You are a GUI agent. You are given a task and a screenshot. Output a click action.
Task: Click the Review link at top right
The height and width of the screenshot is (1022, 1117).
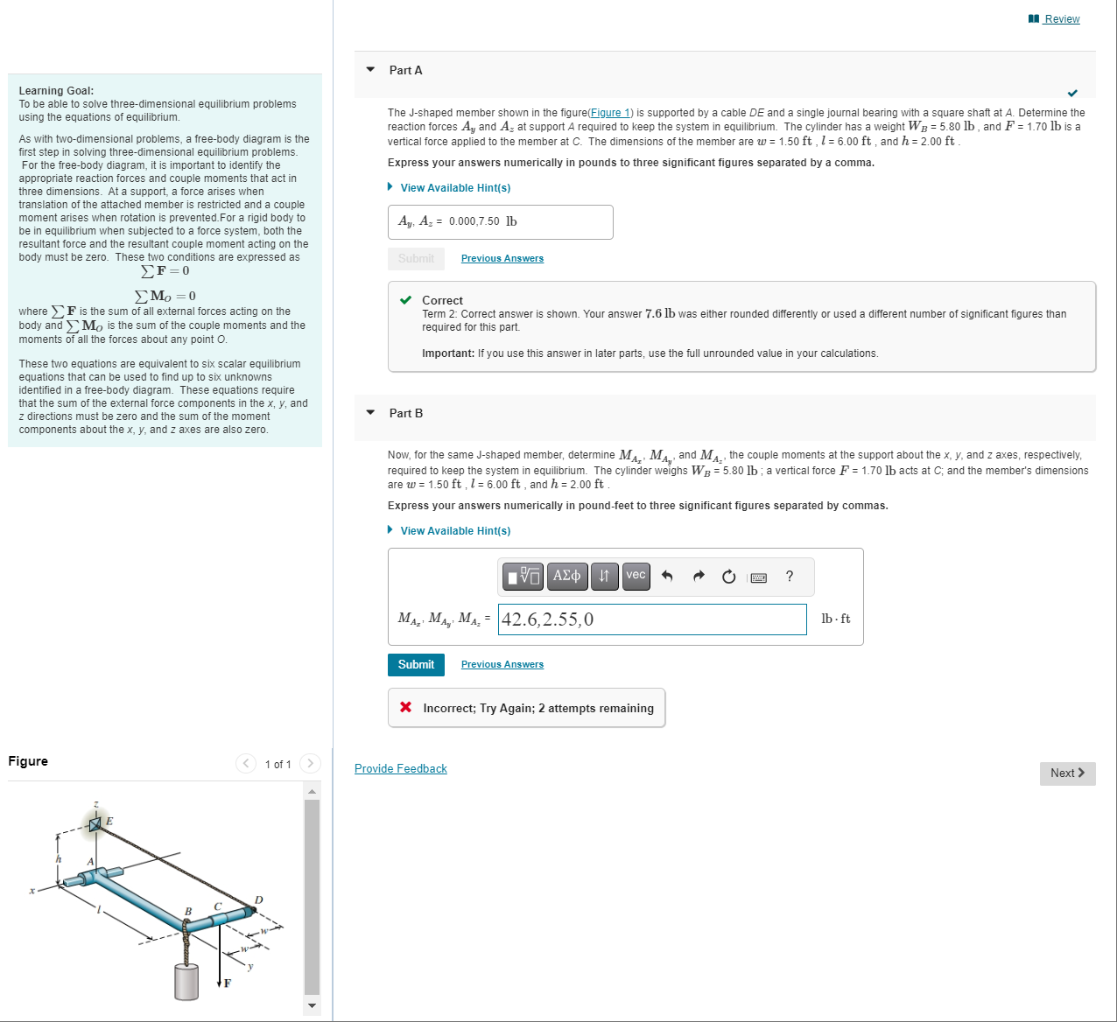click(1061, 19)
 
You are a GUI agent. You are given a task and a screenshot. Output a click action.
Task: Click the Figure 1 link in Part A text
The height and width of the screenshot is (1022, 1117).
click(610, 113)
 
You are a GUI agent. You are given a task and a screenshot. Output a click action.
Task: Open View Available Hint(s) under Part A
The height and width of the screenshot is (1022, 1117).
click(454, 188)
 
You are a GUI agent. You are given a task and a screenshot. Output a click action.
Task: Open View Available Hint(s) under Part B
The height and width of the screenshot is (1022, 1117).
click(454, 531)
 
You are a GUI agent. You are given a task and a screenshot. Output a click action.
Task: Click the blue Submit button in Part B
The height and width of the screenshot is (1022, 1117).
click(416, 665)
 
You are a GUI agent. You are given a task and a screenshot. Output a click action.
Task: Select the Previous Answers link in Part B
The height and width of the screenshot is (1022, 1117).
click(502, 665)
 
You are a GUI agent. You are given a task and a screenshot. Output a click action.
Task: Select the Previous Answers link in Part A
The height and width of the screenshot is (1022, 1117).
click(502, 259)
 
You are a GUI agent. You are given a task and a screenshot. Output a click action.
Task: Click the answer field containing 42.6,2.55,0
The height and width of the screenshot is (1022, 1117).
click(652, 619)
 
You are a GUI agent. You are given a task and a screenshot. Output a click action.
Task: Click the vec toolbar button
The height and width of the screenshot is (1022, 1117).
click(636, 576)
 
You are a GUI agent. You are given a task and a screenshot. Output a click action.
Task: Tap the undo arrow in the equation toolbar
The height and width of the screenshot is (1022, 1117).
click(667, 577)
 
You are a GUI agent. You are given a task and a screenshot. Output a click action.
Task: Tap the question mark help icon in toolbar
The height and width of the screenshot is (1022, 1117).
click(790, 577)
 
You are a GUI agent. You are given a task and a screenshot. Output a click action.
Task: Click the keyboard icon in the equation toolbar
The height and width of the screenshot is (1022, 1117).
click(759, 577)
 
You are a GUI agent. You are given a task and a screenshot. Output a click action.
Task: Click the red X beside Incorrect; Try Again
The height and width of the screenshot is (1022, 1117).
click(405, 707)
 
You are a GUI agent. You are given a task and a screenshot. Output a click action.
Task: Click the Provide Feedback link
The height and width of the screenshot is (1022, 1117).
click(400, 769)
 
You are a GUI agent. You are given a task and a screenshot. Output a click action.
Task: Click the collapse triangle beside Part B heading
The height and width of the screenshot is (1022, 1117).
click(370, 413)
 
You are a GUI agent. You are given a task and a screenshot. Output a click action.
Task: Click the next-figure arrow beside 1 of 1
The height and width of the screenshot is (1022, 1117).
click(310, 764)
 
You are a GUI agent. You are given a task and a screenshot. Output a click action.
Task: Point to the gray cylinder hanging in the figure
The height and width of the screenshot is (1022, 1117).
click(186, 982)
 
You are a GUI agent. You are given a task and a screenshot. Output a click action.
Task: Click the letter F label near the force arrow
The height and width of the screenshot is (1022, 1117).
click(228, 983)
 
